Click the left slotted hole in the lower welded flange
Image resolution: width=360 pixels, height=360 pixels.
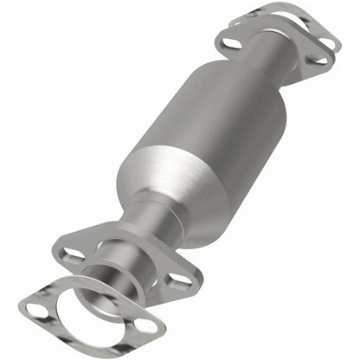(x=72, y=255)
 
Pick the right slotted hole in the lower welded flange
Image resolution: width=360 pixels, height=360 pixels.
(x=178, y=279)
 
